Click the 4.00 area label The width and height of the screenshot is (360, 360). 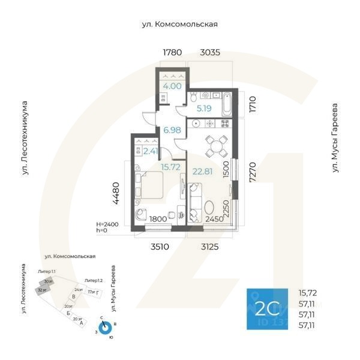point(172,86)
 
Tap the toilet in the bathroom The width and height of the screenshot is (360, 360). point(194,97)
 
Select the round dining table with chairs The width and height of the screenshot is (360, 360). point(215,145)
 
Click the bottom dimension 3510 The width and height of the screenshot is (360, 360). point(158,245)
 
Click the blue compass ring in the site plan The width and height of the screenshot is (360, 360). point(105,328)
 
